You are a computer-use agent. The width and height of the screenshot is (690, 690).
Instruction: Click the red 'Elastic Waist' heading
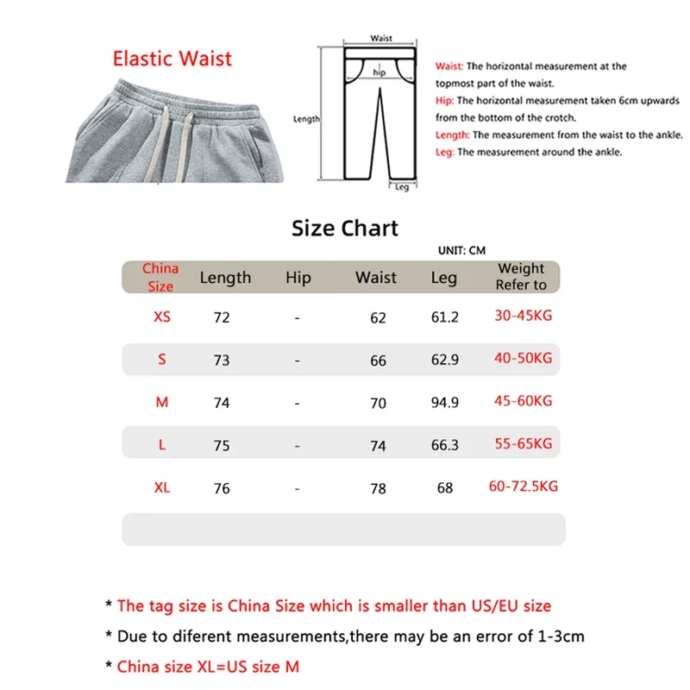point(172,59)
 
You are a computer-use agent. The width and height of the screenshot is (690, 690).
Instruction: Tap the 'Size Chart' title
point(345,229)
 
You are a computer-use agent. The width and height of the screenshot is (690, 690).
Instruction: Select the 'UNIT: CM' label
point(462,250)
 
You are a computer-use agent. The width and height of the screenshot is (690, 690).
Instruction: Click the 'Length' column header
point(225,278)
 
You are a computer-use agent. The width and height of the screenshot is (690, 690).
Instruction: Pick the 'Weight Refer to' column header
point(521,277)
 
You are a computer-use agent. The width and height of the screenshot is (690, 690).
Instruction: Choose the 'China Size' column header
point(160,277)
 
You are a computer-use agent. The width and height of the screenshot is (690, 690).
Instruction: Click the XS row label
point(162,317)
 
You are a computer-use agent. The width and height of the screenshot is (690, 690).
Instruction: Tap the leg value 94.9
point(445,402)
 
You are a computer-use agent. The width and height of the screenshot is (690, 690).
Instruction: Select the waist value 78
point(378,489)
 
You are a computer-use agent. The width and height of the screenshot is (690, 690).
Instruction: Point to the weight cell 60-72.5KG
point(523,486)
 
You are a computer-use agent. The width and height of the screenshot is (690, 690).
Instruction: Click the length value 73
point(222,361)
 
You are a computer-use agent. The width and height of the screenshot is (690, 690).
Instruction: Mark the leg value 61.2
point(445,317)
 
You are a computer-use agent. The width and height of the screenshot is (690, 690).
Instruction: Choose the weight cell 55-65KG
point(522,443)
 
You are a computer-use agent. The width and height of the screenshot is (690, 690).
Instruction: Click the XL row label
point(162,487)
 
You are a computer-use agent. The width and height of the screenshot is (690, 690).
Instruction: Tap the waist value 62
point(378,318)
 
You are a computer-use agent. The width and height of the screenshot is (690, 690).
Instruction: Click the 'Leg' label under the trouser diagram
point(402,187)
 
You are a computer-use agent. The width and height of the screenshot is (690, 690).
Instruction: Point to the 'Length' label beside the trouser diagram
point(306,119)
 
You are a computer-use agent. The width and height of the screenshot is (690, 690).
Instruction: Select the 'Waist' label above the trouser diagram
point(381,38)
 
